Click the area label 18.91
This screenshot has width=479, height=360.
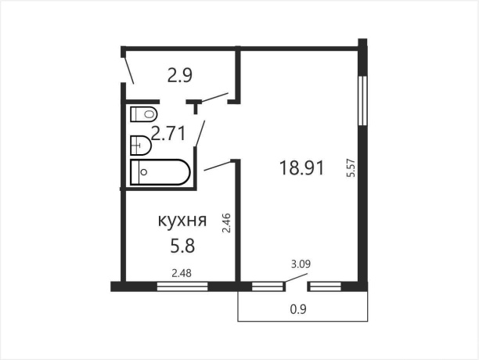[x=301, y=167]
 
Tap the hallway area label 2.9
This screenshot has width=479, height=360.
[x=180, y=76]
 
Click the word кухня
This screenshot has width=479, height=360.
[x=182, y=221]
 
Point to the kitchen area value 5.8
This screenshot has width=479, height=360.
[x=182, y=245]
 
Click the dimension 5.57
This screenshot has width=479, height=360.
[x=351, y=170]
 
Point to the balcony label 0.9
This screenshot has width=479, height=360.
[x=298, y=309]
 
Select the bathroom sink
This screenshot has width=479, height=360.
[x=140, y=144]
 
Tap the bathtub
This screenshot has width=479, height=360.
[x=160, y=173]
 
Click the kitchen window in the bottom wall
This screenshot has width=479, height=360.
[x=182, y=286]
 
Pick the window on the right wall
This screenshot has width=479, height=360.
[x=362, y=99]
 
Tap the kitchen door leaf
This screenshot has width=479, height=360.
[x=218, y=166]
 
